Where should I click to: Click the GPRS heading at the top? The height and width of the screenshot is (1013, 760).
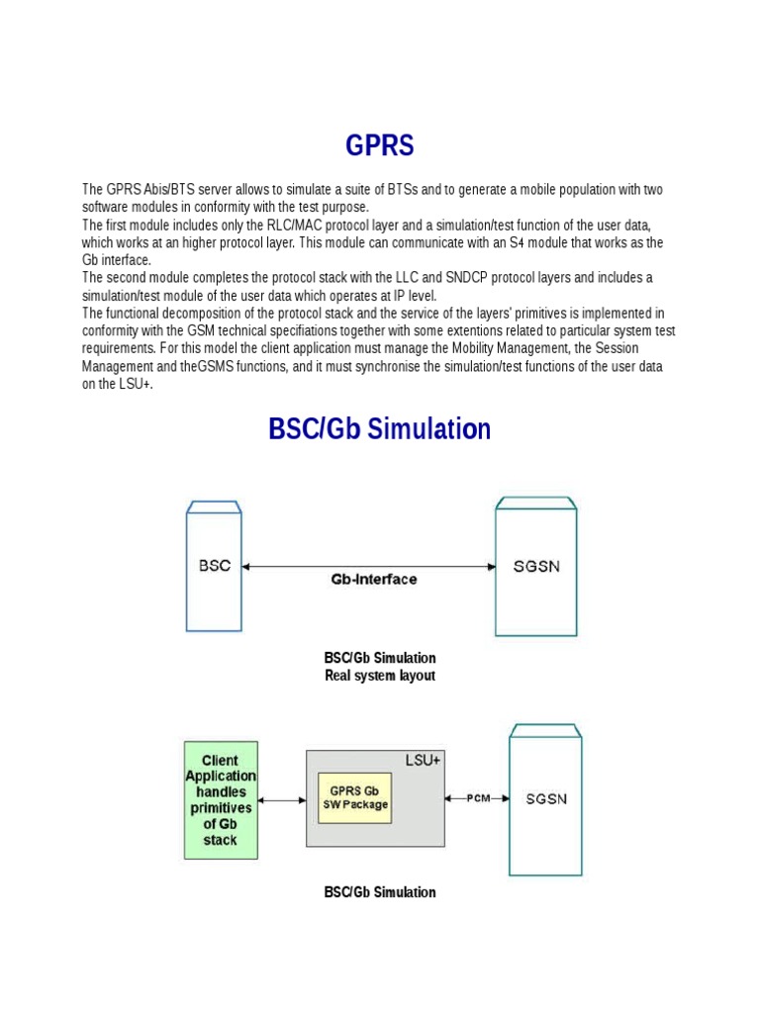(x=380, y=146)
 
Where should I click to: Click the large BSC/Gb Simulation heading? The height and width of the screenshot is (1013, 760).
(x=380, y=429)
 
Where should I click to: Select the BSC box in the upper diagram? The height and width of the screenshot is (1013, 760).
(x=214, y=566)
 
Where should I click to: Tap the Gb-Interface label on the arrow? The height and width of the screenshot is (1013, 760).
(x=373, y=579)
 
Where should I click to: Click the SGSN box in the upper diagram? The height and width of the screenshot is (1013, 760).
(x=535, y=567)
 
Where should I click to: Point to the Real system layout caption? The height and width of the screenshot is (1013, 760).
(x=380, y=676)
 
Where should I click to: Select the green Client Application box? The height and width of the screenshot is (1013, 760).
(x=221, y=799)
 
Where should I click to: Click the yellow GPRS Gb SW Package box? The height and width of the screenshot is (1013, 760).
(x=354, y=797)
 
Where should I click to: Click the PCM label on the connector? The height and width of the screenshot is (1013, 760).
(x=479, y=797)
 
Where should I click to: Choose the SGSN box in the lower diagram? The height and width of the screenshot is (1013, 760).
(x=546, y=798)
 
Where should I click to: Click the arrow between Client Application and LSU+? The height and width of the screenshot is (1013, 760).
(x=282, y=799)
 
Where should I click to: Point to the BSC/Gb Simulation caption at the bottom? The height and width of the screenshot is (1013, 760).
(x=380, y=892)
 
